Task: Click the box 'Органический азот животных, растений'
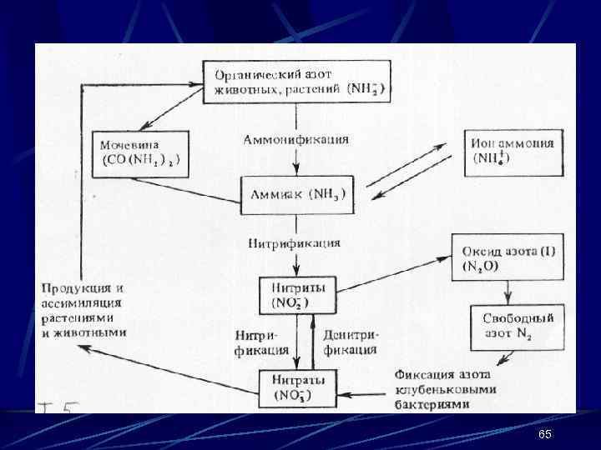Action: point(298,81)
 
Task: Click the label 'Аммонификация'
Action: point(295,139)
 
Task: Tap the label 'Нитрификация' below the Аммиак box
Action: point(294,243)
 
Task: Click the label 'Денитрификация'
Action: point(350,342)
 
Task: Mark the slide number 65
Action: point(545,436)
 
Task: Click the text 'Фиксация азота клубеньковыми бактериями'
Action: point(447,389)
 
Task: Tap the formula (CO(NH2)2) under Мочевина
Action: point(143,160)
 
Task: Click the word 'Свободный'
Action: point(518,318)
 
